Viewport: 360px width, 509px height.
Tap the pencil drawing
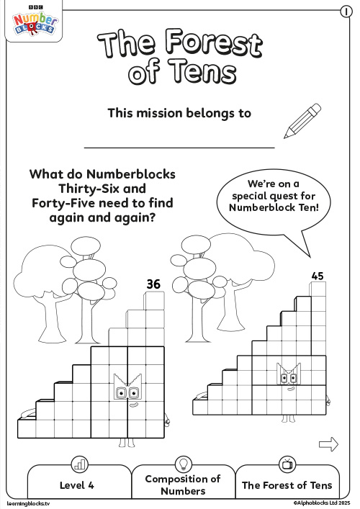point(302,120)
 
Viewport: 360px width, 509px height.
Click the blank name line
point(179,146)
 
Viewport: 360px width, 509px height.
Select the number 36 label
point(153,284)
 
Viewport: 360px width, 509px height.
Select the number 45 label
point(318,275)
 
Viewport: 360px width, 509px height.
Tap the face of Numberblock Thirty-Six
point(127,391)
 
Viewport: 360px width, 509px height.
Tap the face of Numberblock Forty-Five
point(289,375)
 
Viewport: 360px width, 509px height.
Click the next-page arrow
point(328,444)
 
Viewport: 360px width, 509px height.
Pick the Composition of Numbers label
point(183,485)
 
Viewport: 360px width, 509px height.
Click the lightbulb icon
point(183,464)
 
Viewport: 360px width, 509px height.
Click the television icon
point(287,464)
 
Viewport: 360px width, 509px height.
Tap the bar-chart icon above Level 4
point(79,464)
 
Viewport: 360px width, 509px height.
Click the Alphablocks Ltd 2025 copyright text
point(320,503)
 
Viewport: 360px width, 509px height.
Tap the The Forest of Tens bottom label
point(287,485)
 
